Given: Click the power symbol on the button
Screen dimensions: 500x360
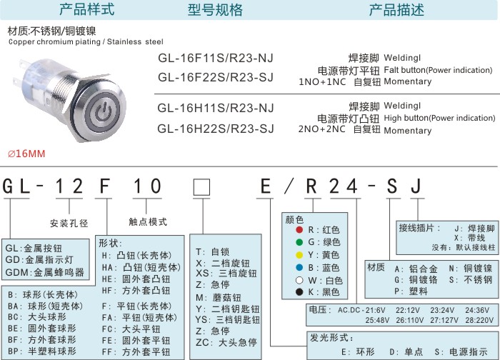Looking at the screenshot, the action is [x=104, y=112].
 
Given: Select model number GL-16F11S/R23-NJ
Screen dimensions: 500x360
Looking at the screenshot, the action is [x=216, y=58].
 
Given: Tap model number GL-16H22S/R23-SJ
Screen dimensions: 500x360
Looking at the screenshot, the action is [x=216, y=129].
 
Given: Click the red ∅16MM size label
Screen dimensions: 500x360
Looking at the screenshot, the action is [x=26, y=154].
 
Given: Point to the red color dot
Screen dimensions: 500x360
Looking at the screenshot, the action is [x=299, y=229].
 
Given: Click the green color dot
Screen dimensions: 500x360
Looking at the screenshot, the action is [x=299, y=242].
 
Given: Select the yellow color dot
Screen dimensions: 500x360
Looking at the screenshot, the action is [x=299, y=255].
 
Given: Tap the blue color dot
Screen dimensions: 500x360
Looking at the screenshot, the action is [x=299, y=268].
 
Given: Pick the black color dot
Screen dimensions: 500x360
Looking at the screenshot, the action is [x=299, y=291].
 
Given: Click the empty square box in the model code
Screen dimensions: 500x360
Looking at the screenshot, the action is [x=202, y=187].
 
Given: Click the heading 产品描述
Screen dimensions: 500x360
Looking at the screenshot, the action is [x=396, y=10].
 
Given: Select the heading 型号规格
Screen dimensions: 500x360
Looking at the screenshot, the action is [x=215, y=10].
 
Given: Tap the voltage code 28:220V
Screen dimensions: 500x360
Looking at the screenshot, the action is [x=479, y=320].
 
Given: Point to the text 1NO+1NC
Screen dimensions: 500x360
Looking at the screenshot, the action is [x=322, y=82].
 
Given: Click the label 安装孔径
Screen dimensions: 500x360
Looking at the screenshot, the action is [x=69, y=223].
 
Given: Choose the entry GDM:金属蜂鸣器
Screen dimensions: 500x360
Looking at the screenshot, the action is [x=44, y=272].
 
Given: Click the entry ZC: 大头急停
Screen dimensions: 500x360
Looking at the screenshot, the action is [x=226, y=342].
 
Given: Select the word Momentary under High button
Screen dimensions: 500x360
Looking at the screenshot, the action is [x=408, y=131].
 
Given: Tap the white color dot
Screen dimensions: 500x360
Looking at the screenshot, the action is [x=299, y=280].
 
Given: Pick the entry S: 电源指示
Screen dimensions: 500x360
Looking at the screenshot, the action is [x=461, y=351].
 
